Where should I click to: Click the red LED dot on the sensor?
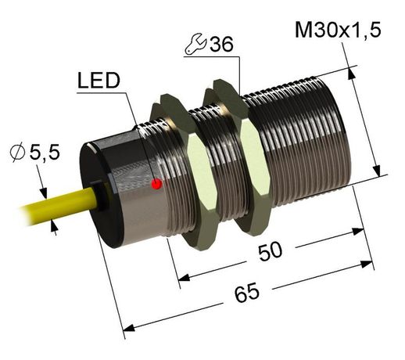click(156, 185)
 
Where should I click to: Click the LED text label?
click(99, 81)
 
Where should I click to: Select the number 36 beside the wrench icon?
click(221, 45)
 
